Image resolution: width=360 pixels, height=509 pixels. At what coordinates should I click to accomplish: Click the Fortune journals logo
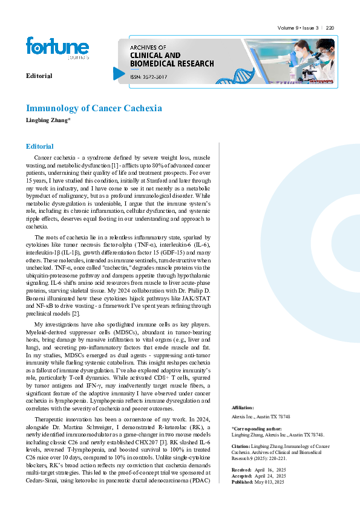pos(57,48)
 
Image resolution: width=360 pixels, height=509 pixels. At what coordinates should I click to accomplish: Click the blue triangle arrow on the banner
pos(119,73)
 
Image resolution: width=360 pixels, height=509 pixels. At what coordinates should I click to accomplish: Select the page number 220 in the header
pos(330,28)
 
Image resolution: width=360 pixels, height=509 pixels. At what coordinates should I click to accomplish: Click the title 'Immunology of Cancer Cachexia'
pos(94,108)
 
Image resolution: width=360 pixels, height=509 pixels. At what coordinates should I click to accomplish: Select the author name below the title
pos(48,120)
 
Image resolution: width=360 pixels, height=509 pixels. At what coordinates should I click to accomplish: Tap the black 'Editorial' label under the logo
pos(39,76)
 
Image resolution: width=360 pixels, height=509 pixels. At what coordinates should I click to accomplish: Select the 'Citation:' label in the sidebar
pos(242,446)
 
